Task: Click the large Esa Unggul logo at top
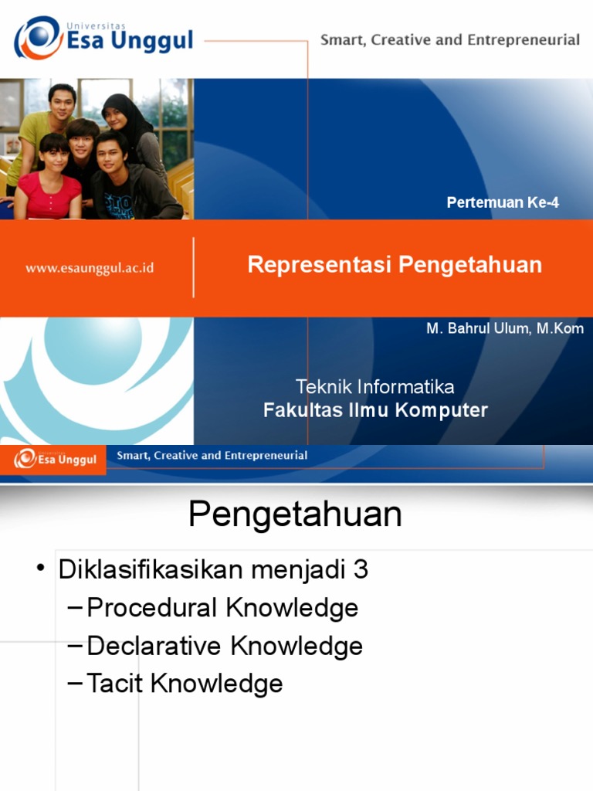pos(103,37)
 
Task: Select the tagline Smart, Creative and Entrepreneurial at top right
pos(450,40)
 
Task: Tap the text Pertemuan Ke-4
pos(503,203)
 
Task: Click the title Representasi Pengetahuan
pos(395,265)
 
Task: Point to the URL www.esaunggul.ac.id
pos(90,268)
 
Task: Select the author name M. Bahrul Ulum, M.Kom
pos(505,328)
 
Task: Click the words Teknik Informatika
pos(375,386)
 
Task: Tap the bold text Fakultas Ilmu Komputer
pos(375,410)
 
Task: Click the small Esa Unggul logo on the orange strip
pos(54,459)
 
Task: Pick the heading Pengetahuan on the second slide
pos(296,514)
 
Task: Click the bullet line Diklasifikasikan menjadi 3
pos(213,570)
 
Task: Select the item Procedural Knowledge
pos(222,608)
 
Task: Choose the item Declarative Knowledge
pos(225,646)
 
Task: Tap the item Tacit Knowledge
pos(185,683)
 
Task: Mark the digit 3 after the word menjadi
pos(361,570)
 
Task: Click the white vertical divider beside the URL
pos(193,267)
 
